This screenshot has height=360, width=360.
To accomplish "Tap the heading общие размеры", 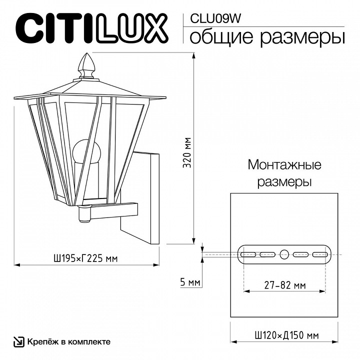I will click(x=267, y=37).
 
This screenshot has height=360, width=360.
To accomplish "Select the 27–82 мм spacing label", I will click(x=284, y=285).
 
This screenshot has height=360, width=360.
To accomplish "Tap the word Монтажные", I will click(x=284, y=165).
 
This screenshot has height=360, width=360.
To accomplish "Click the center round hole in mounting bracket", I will click(x=284, y=254).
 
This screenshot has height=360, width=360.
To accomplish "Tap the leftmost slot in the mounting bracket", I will click(x=248, y=254).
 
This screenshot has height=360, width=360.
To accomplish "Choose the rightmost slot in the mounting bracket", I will click(x=320, y=254).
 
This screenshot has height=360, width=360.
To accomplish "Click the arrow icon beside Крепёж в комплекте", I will click(x=18, y=342).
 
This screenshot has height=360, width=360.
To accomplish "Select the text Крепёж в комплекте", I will click(x=68, y=342).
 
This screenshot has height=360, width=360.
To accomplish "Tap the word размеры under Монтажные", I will click(x=284, y=181).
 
